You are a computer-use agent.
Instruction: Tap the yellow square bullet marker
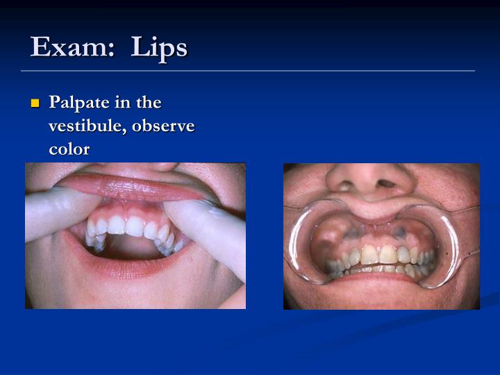coord(35,104)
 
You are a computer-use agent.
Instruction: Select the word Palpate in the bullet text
coord(78,103)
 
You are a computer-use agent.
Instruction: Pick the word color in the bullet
coord(69,149)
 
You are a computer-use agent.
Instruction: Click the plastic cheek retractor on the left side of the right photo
coord(300,243)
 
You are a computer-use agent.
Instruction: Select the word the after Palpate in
coord(149,103)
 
